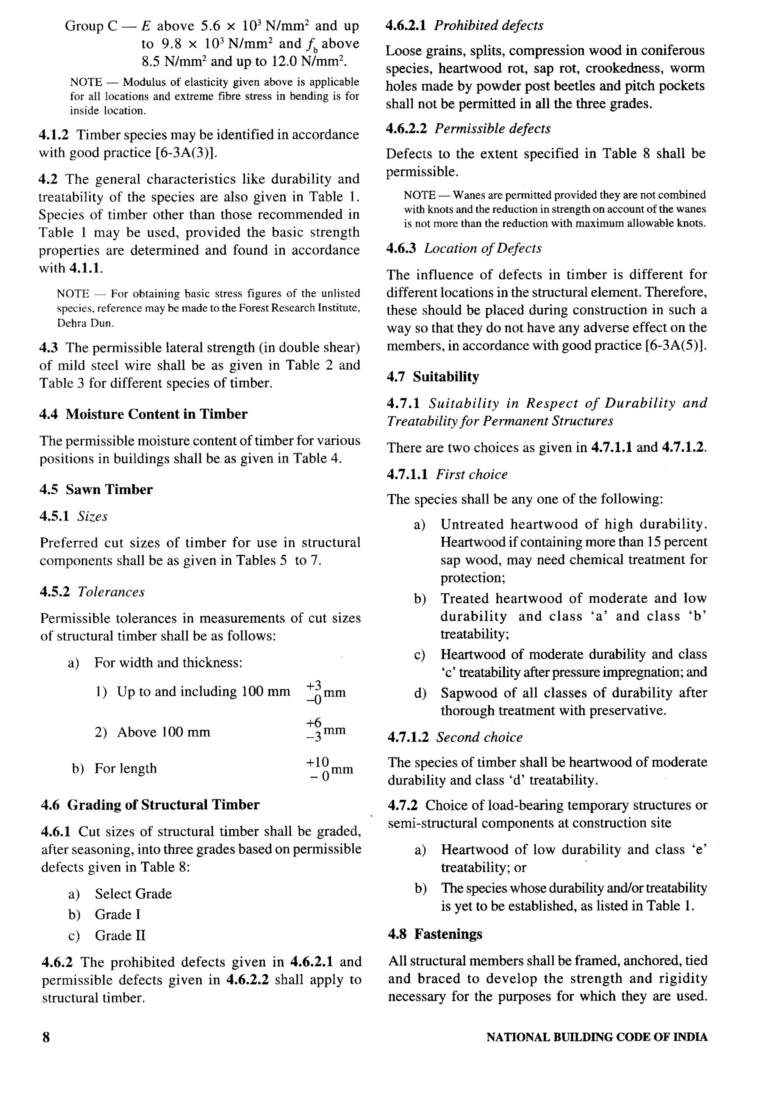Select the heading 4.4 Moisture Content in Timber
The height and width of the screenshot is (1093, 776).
click(143, 414)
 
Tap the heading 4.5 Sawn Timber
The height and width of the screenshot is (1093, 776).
click(96, 489)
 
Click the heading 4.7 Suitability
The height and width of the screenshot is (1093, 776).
click(433, 377)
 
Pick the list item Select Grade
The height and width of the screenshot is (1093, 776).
click(133, 894)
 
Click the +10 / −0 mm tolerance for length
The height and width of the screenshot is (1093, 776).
click(329, 769)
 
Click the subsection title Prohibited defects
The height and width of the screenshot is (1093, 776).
click(488, 26)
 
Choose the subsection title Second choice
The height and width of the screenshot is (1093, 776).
click(479, 737)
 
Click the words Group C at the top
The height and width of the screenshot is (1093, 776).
click(91, 26)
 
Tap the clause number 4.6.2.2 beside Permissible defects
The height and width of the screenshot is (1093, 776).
click(407, 128)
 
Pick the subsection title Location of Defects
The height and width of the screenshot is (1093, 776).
click(483, 249)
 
